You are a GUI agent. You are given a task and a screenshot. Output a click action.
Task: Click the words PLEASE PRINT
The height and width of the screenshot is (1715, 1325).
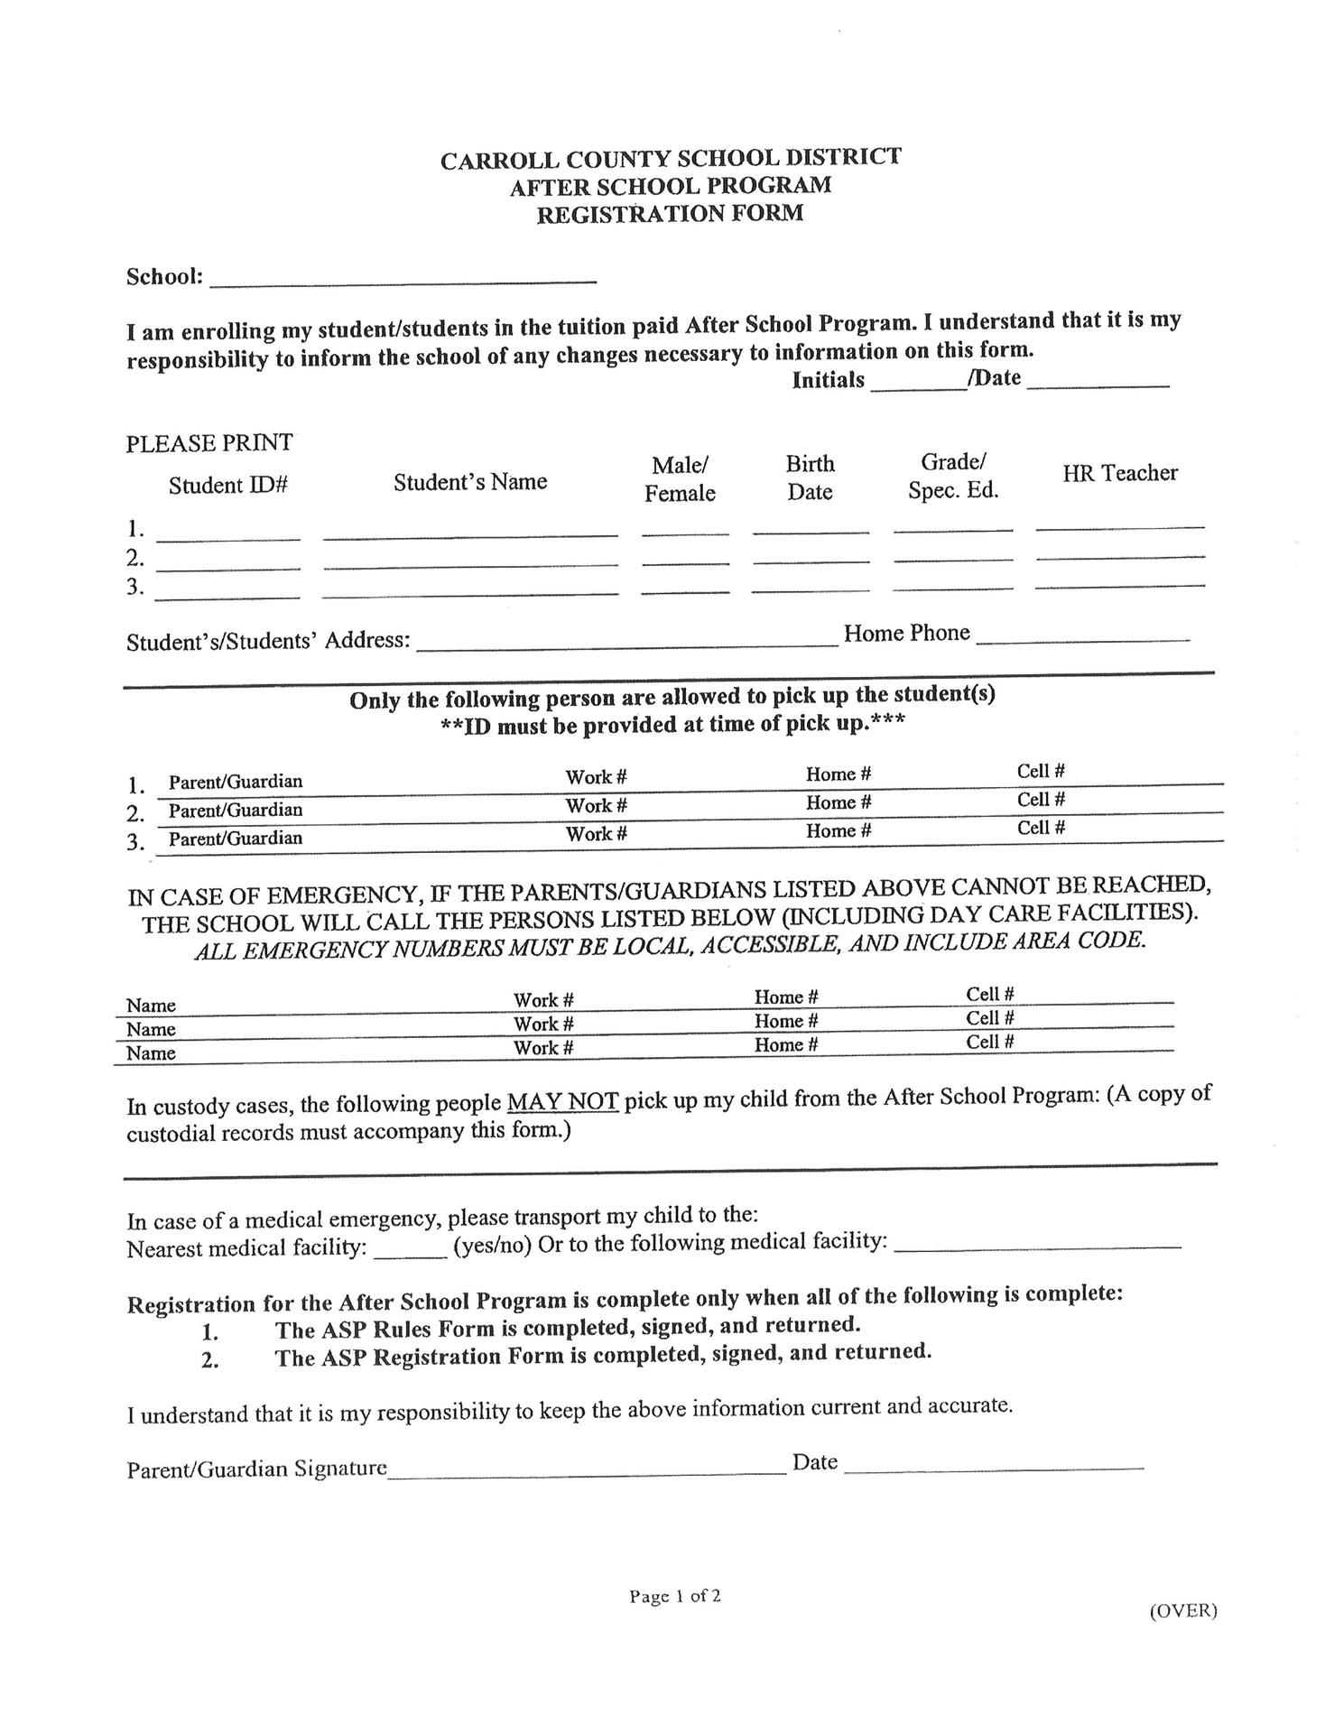coord(209,443)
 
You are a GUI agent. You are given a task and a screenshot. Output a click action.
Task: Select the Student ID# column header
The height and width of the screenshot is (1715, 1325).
coord(227,486)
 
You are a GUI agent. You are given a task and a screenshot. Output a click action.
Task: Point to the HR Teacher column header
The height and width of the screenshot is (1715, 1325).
coord(1119,473)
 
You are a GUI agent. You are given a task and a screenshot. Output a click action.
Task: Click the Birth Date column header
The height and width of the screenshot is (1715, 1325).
coord(810,477)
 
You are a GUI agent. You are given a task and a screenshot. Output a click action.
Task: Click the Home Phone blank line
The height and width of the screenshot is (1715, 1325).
coord(1083,636)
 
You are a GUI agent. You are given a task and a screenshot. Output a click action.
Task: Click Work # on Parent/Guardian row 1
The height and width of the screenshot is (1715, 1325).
coord(596,777)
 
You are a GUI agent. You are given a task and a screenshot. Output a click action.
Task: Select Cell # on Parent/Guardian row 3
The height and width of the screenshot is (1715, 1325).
coord(1041,828)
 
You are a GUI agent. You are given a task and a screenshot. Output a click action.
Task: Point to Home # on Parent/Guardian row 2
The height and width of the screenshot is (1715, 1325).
coord(838,802)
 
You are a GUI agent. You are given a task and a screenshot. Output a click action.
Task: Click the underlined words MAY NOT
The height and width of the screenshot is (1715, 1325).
coord(562,1102)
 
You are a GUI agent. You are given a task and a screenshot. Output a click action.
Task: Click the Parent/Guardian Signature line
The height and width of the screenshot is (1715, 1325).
coord(587,1469)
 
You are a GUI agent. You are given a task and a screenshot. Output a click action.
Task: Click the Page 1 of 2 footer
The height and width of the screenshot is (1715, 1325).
coord(675,1596)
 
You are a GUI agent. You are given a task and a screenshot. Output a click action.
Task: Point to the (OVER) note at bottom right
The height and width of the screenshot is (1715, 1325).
coord(1182,1610)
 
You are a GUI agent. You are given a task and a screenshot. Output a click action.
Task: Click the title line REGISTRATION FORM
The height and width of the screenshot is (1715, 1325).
coord(670,215)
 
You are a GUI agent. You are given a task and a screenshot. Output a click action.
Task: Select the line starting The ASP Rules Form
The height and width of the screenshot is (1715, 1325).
coord(567,1328)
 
